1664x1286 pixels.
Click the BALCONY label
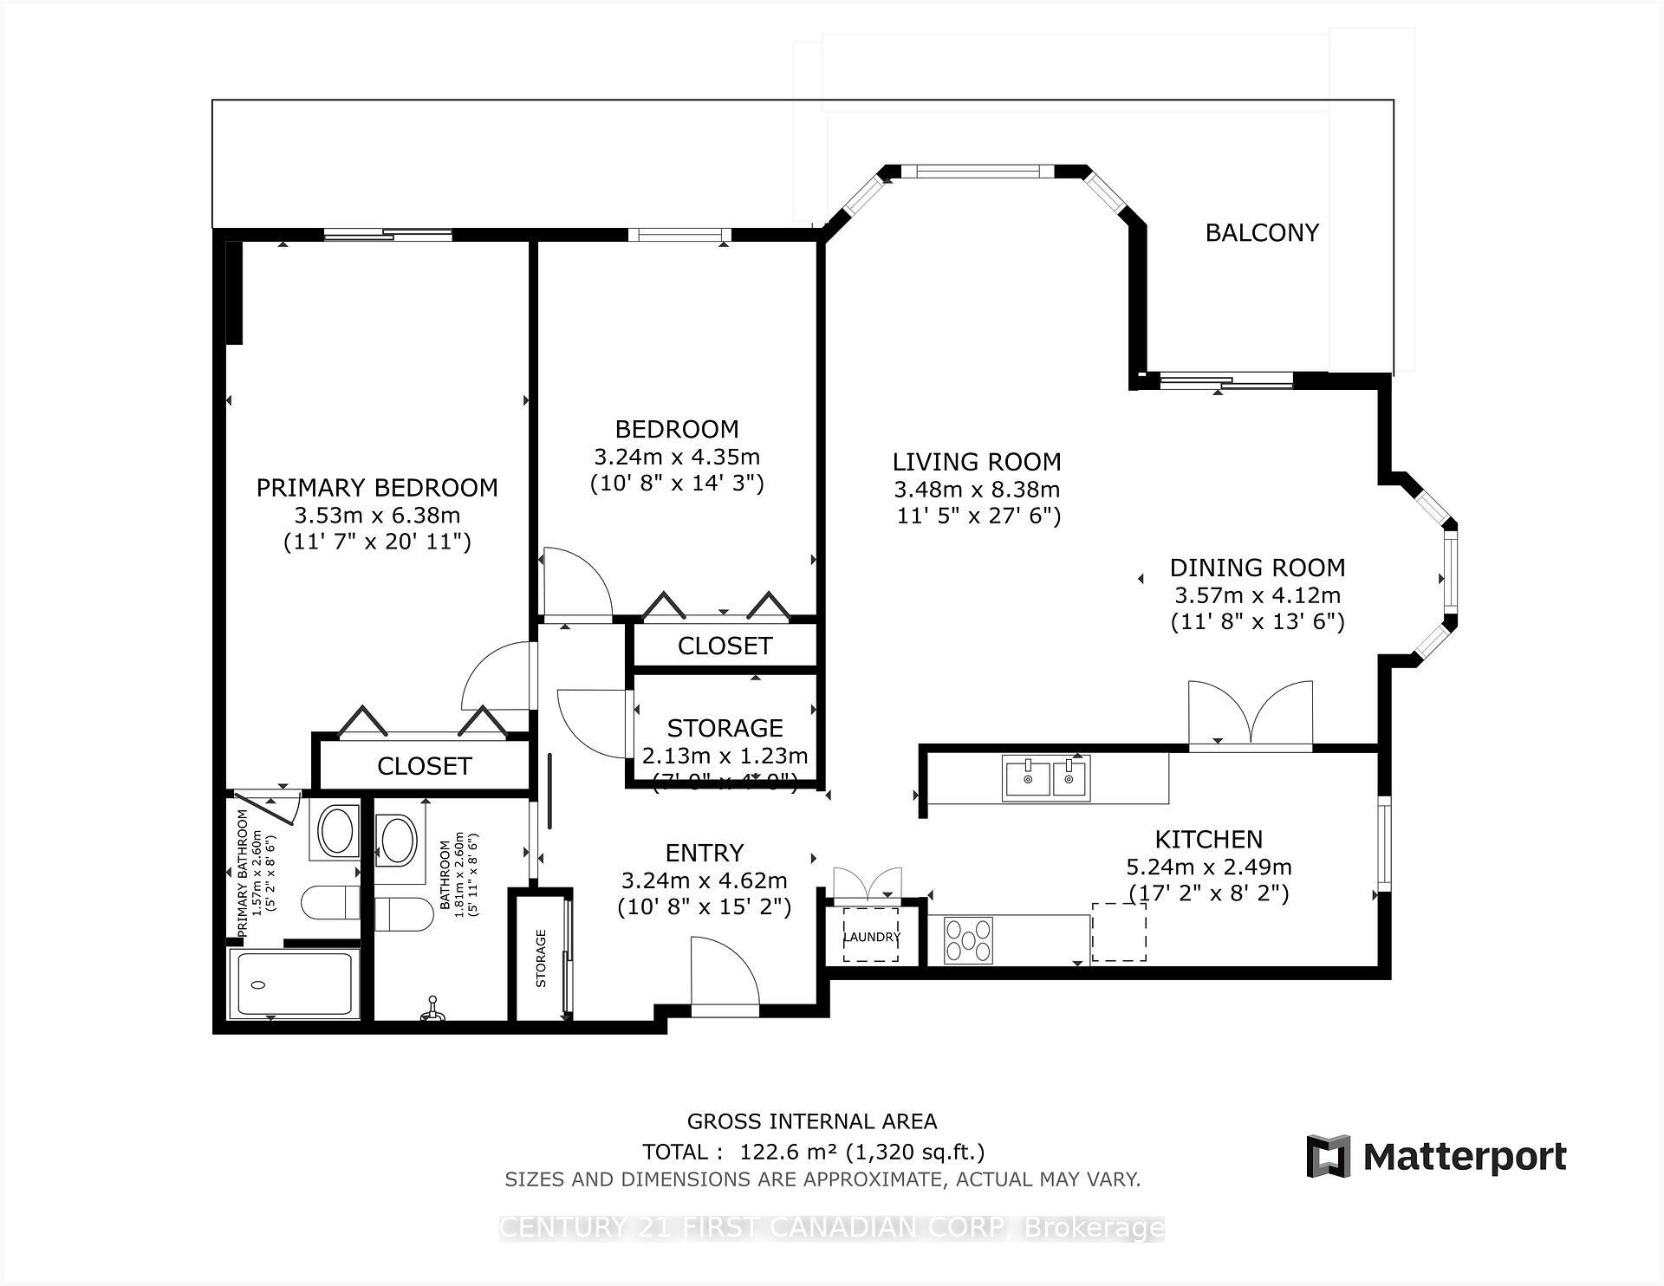pyautogui.click(x=1262, y=232)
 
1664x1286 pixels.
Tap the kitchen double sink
pyautogui.click(x=1046, y=777)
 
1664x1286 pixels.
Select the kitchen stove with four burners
pyautogui.click(x=968, y=939)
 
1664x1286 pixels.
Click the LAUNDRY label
pyautogui.click(x=871, y=937)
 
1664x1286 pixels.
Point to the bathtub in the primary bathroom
pyautogui.click(x=293, y=984)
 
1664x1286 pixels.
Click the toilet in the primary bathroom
pyautogui.click(x=330, y=903)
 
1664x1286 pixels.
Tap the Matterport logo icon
pyautogui.click(x=1328, y=1156)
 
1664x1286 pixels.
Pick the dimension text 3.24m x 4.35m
pyautogui.click(x=677, y=456)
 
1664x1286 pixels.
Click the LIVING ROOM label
pyautogui.click(x=977, y=462)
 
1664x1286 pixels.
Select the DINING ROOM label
pyautogui.click(x=1258, y=568)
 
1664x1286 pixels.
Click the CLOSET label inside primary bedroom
pyautogui.click(x=424, y=766)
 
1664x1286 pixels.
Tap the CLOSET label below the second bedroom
pyautogui.click(x=725, y=646)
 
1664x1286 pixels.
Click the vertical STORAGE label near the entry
pyautogui.click(x=541, y=958)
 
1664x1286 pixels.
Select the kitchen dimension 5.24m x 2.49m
pyautogui.click(x=1208, y=867)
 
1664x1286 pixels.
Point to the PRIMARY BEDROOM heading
pyautogui.click(x=377, y=488)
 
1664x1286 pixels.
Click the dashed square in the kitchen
pyautogui.click(x=1118, y=931)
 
